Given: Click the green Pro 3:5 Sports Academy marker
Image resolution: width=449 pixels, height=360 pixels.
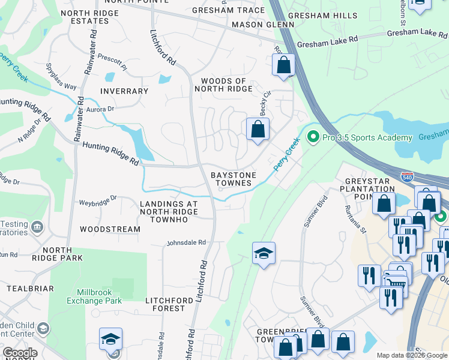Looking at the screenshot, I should pyautogui.click(x=312, y=137).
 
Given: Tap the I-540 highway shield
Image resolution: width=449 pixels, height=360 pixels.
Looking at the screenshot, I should pyautogui.click(x=406, y=177).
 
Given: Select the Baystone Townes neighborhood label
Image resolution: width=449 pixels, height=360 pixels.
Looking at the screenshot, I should pyautogui.click(x=234, y=179).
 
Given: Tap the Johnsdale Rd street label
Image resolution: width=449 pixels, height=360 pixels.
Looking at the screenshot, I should pyautogui.click(x=186, y=243).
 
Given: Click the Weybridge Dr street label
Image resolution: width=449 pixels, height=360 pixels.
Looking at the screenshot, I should pyautogui.click(x=97, y=197).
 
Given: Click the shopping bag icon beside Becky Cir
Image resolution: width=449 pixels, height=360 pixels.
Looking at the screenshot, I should pyautogui.click(x=258, y=129).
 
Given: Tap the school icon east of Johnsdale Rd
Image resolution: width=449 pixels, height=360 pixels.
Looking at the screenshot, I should pyautogui.click(x=264, y=254).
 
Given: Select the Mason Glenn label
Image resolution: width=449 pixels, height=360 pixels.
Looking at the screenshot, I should pyautogui.click(x=263, y=25).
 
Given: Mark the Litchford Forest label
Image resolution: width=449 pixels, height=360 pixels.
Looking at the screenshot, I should pyautogui.click(x=165, y=304).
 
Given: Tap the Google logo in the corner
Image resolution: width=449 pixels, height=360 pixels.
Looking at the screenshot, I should pyautogui.click(x=19, y=353).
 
